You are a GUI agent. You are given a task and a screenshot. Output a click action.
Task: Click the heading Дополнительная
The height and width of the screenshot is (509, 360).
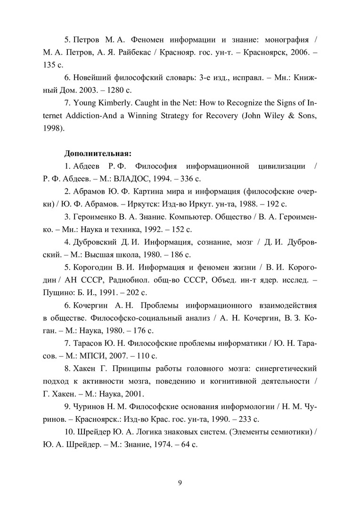pos(98,153)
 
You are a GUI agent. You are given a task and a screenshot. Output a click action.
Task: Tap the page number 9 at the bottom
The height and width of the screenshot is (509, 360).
pos(180,482)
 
